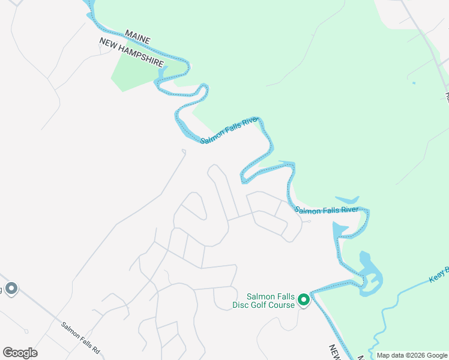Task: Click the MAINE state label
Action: [x=137, y=36]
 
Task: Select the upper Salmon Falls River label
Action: [x=228, y=130]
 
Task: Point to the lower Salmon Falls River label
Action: [x=327, y=210]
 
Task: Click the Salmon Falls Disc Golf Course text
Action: [x=264, y=301]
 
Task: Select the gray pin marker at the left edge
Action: [x=11, y=289]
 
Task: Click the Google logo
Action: [x=20, y=353]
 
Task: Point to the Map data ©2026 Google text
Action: [x=412, y=355]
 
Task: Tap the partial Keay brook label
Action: [x=439, y=275]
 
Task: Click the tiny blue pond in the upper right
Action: [x=413, y=82]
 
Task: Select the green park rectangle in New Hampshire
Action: [x=137, y=73]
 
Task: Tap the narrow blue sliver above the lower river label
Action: [x=348, y=199]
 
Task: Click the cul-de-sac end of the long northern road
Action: [x=183, y=151]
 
